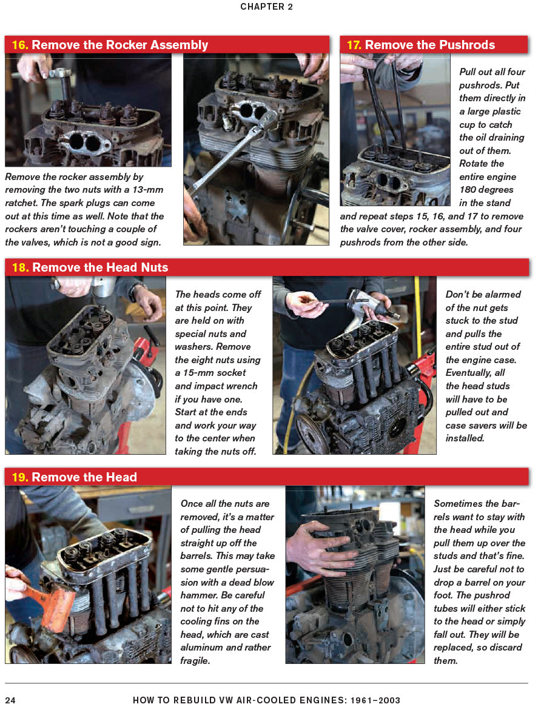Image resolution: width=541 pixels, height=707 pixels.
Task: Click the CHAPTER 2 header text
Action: pos(270,7)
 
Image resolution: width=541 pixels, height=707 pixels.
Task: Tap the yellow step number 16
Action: pos(19,45)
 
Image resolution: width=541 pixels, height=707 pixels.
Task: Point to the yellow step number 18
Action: pos(19,267)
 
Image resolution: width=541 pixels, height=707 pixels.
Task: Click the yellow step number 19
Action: pos(19,477)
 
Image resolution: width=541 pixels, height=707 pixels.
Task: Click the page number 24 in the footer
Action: pos(10,700)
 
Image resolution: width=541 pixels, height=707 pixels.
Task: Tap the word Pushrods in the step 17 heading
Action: pos(469,45)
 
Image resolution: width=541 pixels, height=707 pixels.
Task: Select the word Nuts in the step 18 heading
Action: pos(152,267)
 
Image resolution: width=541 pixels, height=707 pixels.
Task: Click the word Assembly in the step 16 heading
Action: pos(180,45)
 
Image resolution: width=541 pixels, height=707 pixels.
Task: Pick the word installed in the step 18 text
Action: pos(465,438)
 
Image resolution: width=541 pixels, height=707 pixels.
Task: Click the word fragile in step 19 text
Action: pos(195,661)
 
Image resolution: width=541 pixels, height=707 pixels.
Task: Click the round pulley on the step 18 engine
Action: pos(312,433)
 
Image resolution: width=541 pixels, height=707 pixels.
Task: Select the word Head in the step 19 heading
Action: pos(121,477)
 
